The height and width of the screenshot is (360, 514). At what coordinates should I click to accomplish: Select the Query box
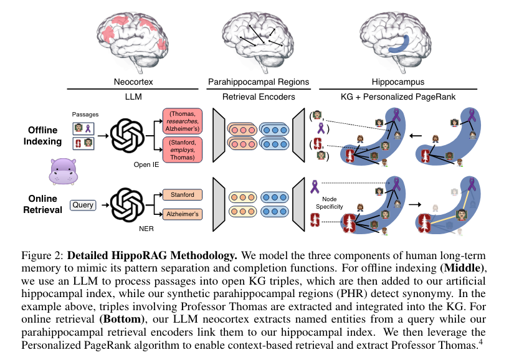(83, 205)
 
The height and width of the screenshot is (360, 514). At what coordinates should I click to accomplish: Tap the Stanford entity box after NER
(182, 195)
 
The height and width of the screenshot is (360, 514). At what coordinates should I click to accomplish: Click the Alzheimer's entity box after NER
(182, 215)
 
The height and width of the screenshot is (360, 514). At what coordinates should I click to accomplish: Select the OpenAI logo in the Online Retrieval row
(130, 204)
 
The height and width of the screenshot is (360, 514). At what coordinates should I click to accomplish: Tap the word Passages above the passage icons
(85, 115)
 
